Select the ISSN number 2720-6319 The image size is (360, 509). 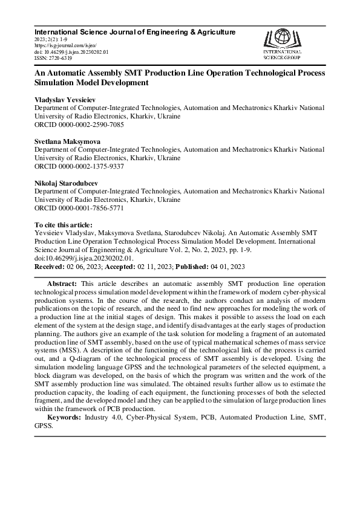(x=59, y=59)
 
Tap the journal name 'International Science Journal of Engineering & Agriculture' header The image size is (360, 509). (x=135, y=31)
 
